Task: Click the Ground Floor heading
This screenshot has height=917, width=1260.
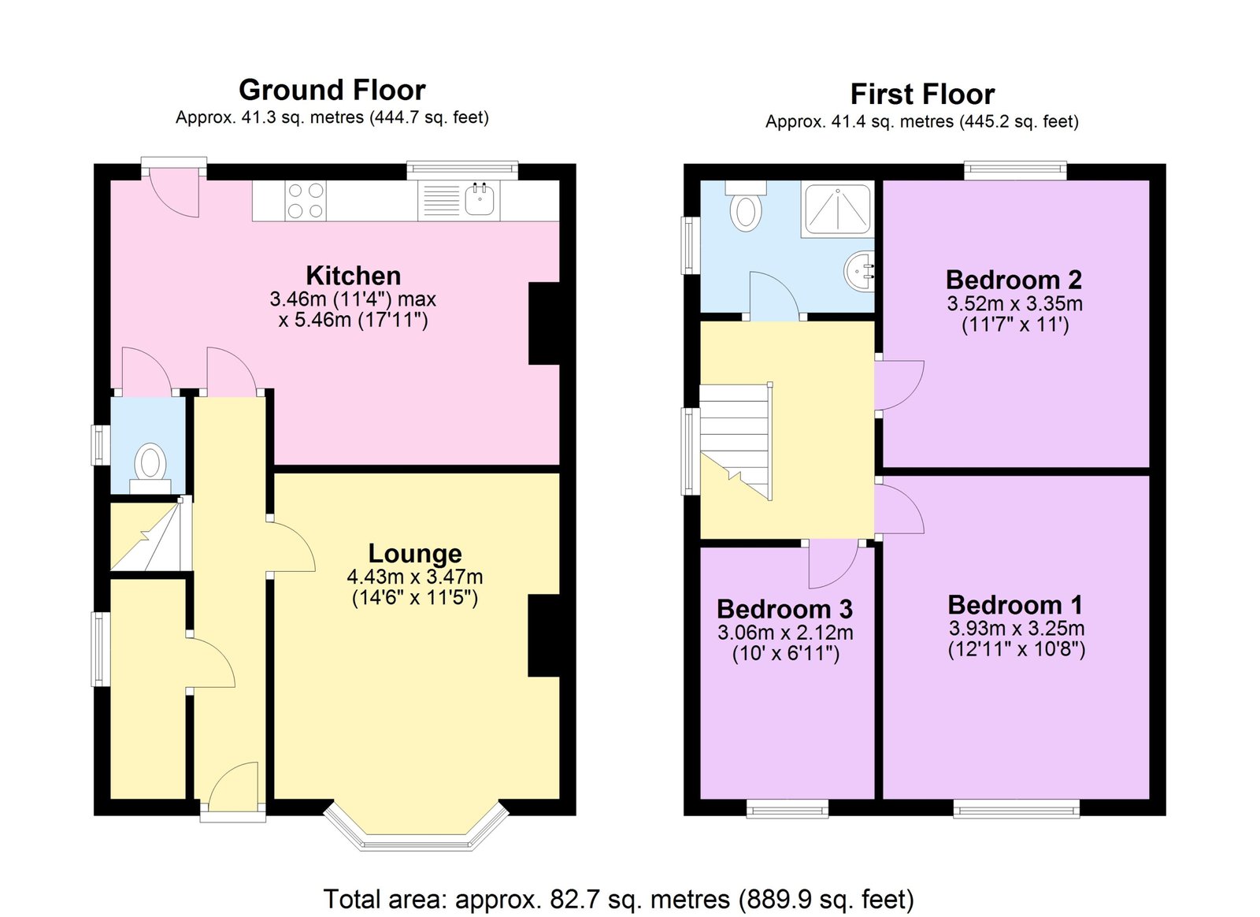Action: tap(332, 90)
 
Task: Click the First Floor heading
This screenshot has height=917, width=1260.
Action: tap(922, 94)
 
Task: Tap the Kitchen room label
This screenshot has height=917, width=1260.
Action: tap(354, 276)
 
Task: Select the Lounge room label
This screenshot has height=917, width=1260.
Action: tap(415, 554)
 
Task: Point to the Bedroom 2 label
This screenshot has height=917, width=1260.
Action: tap(1014, 280)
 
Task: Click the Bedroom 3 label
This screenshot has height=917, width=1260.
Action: tap(784, 609)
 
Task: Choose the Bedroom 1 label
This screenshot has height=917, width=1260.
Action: tap(1015, 605)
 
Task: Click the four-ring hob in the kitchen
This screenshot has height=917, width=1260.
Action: tap(306, 200)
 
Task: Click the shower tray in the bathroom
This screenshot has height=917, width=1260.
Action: tap(838, 209)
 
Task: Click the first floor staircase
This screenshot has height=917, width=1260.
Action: tap(736, 442)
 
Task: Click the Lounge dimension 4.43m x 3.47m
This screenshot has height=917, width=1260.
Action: tap(415, 577)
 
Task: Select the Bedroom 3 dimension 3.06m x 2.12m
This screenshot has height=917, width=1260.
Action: tap(785, 633)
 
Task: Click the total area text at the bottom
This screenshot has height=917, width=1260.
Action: tap(618, 899)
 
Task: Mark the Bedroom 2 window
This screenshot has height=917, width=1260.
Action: tap(1015, 171)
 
